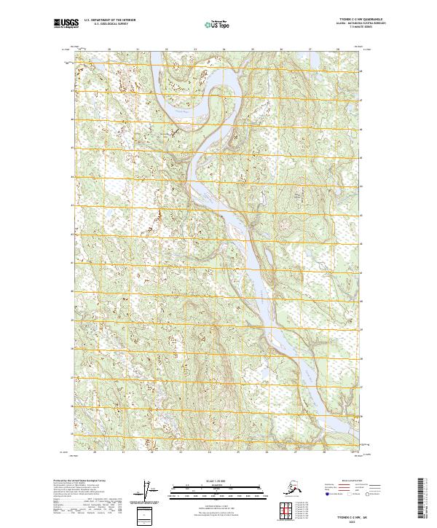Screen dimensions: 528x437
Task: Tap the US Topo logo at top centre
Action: tap(219, 24)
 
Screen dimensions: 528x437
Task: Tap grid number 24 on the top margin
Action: tap(224, 50)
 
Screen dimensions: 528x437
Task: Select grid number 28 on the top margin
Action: tap(337, 50)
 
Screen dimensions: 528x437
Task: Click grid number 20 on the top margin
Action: tap(109, 50)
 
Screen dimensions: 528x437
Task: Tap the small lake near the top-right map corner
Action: tap(342, 66)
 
